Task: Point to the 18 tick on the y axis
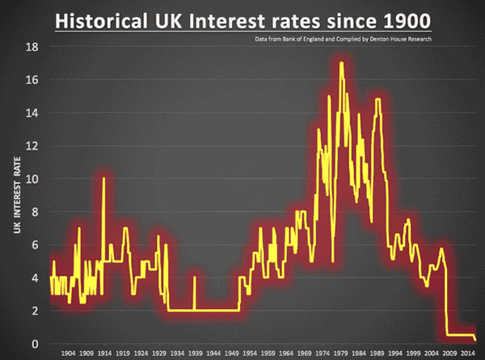tap(32, 47)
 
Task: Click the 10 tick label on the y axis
tap(32, 179)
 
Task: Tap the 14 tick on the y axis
tap(32, 113)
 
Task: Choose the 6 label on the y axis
tap(35, 245)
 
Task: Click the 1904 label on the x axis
tap(68, 354)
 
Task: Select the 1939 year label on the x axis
tap(195, 354)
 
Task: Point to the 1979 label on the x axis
tap(340, 354)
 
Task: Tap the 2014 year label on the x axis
tap(467, 354)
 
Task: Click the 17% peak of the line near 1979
tap(342, 63)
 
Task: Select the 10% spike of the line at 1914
tap(103, 178)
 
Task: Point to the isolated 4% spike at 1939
tap(194, 278)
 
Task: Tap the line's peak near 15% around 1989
tap(377, 100)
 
